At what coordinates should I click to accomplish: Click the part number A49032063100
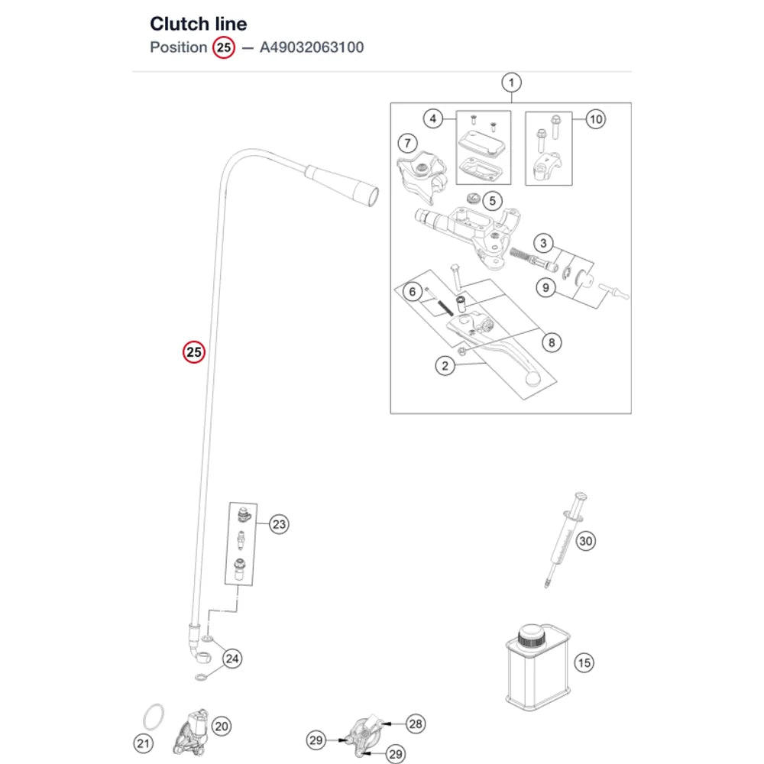click(312, 47)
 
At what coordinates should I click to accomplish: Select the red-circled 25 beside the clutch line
click(194, 351)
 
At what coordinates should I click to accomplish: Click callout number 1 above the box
click(511, 83)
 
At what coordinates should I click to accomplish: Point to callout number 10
click(595, 119)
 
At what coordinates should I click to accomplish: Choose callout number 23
click(279, 524)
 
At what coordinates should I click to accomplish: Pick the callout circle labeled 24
click(232, 659)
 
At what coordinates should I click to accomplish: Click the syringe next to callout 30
click(565, 540)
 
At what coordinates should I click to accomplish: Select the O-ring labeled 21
click(154, 717)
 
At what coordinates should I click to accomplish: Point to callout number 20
click(222, 726)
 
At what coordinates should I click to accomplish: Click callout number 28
click(415, 724)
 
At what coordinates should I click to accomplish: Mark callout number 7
click(407, 144)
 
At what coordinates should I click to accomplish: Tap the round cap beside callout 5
click(474, 198)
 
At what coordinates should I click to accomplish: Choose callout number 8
click(552, 342)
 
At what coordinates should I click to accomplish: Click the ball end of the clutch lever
click(533, 379)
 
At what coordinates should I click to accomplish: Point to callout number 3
click(543, 243)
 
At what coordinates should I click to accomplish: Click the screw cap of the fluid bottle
click(530, 636)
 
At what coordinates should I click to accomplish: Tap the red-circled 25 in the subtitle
click(224, 47)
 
